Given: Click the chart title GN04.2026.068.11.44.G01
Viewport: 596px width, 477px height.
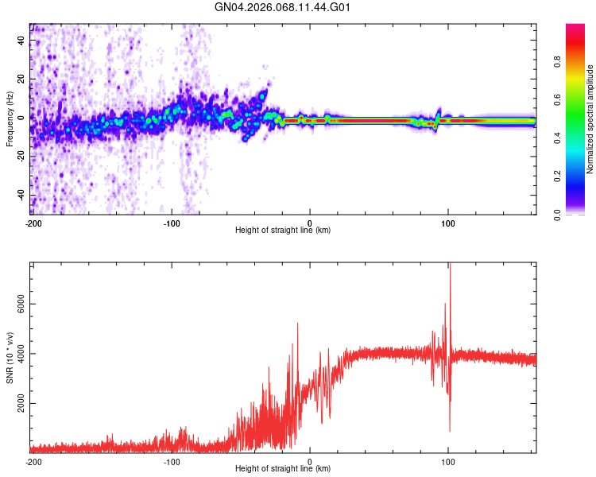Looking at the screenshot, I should pos(283,7).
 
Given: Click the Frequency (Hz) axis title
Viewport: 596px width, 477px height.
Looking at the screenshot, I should pos(10,119).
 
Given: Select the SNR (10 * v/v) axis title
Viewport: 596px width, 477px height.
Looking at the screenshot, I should pos(10,358).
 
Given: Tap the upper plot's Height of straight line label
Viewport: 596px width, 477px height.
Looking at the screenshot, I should pos(283,230).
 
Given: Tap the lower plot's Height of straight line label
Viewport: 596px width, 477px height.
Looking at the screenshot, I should pos(283,468).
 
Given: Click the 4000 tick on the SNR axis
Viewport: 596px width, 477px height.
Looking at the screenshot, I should pos(21,355).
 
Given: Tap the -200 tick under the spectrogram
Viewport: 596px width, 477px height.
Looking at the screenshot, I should pos(33,223).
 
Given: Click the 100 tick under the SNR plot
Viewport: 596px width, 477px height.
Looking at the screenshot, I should pos(448,461).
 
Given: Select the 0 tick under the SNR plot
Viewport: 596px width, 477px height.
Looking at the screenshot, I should pos(310,461).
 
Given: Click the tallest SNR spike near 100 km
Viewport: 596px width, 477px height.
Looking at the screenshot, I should pos(449,266).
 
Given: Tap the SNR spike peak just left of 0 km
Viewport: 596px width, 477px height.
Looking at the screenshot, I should pos(297,324).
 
